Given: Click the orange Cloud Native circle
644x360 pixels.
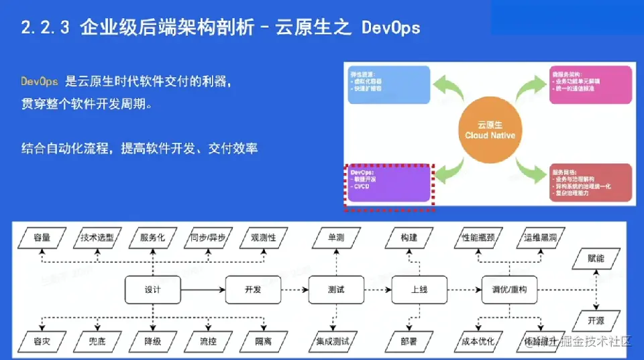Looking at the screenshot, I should [490, 131].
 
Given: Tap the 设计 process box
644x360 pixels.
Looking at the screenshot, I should [152, 290].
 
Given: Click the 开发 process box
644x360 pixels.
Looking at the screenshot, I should [252, 290].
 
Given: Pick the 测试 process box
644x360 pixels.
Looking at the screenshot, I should [336, 290].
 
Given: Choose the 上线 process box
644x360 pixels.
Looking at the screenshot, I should [419, 290].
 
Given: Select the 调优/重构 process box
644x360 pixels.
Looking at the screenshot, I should [509, 290].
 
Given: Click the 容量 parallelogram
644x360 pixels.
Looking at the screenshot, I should [42, 238].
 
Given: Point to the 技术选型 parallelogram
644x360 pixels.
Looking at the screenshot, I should [97, 238].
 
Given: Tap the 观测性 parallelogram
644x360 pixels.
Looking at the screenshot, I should [263, 238].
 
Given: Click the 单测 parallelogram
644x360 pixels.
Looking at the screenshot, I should [335, 238].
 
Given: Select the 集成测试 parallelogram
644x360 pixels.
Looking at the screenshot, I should [333, 341].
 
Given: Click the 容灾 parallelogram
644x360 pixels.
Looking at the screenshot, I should [42, 341].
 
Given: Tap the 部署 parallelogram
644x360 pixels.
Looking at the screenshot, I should [409, 341].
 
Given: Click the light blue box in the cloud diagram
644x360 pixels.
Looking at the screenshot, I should [388, 84].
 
